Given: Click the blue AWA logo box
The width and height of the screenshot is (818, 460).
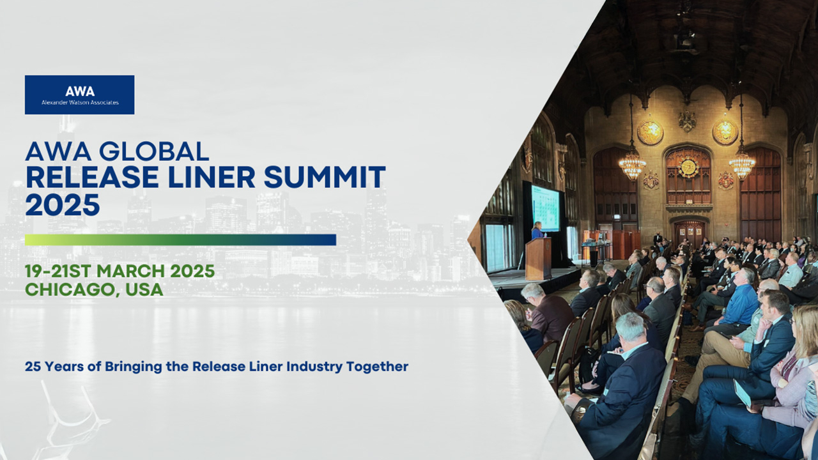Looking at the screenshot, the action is point(80,95).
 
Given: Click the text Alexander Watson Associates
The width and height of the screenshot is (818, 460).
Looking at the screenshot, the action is point(80,103).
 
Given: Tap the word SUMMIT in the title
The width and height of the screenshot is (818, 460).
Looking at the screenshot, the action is point(325,177).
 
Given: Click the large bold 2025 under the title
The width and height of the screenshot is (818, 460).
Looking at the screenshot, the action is point(63,204).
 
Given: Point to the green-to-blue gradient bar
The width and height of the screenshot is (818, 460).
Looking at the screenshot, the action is point(180,240).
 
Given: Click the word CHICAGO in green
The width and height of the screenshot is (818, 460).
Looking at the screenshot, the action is point(71,290).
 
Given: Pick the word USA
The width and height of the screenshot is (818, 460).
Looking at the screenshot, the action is point(144,289).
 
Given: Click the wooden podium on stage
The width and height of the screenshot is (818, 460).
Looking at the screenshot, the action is point(538,258).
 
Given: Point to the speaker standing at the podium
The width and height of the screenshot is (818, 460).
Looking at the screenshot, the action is point(537,230).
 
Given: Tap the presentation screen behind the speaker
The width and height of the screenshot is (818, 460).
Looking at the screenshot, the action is point(545,208).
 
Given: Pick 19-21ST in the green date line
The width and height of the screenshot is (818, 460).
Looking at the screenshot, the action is point(58,272).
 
